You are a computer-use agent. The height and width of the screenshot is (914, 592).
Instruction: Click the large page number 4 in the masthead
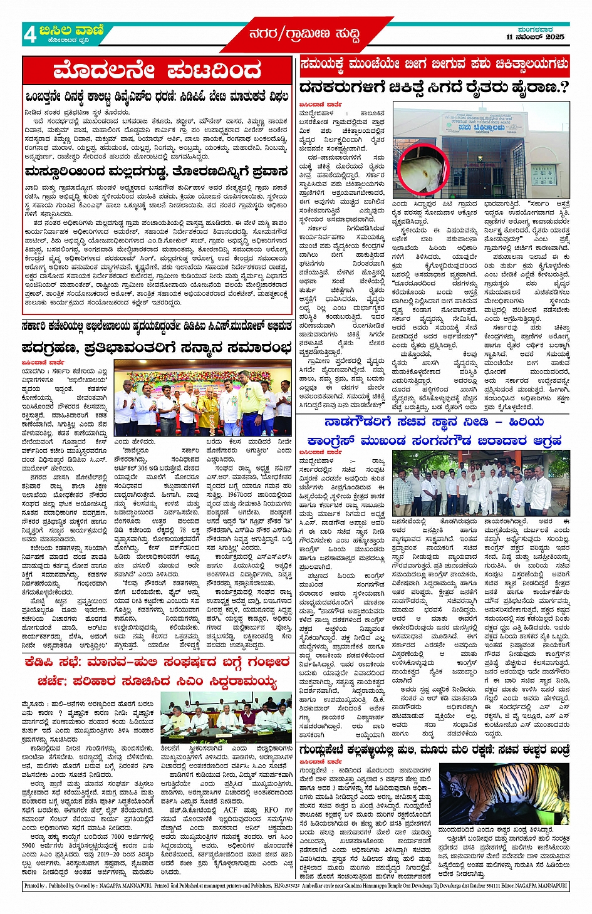coord(30,34)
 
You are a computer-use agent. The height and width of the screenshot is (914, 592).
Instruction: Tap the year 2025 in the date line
coord(554,37)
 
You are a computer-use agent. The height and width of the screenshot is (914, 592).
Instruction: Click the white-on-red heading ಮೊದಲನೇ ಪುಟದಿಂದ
coord(157,70)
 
